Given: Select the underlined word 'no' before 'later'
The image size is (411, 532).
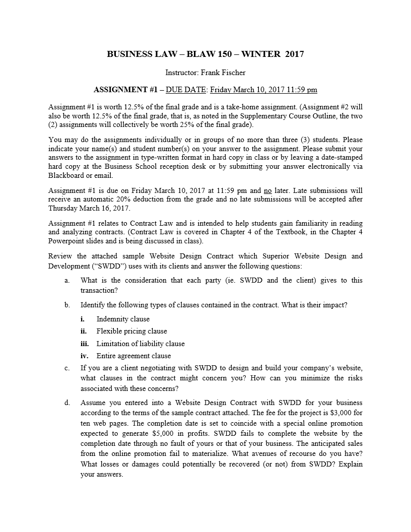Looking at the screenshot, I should click(267, 190).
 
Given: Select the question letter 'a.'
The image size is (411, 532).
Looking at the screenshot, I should click(67, 280).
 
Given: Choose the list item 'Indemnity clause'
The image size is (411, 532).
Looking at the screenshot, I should click(123, 319).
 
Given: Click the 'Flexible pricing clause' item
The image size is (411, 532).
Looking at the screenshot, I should click(131, 331).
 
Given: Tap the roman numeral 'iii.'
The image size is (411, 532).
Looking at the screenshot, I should click(85, 344).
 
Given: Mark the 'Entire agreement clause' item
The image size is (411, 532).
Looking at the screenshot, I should click(133, 356).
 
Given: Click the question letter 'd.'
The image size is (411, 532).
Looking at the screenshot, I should click(67, 403).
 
